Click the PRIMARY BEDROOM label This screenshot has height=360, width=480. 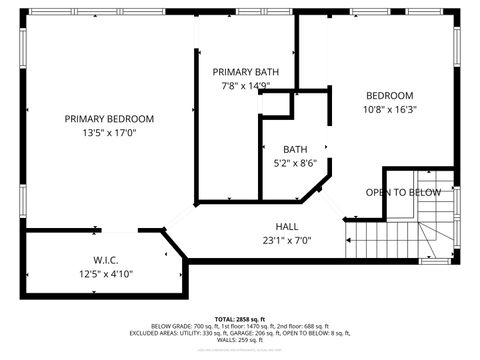(x=109, y=118)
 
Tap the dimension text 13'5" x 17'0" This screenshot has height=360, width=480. (x=109, y=131)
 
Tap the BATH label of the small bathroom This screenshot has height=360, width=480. (x=295, y=149)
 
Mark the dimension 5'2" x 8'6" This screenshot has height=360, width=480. (x=295, y=162)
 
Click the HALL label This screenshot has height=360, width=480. (x=288, y=226)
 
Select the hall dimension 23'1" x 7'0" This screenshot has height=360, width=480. (x=288, y=240)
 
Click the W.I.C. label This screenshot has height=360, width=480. (x=106, y=259)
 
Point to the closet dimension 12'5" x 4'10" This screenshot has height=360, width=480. (x=106, y=273)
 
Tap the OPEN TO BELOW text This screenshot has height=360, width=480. (x=402, y=192)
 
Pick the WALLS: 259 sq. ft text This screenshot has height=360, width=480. (x=240, y=340)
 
